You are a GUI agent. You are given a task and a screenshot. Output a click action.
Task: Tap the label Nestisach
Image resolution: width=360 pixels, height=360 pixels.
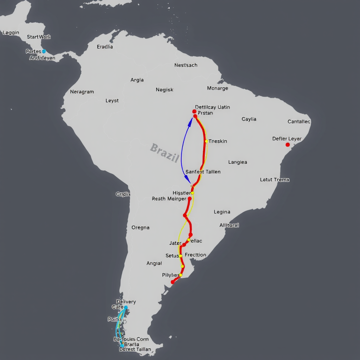pyautogui.click(x=186, y=65)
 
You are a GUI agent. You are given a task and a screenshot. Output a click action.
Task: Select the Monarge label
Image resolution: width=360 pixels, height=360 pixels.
pyautogui.click(x=217, y=88)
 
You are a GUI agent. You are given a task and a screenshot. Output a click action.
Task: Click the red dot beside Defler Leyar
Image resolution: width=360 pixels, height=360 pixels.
pyautogui.click(x=288, y=144)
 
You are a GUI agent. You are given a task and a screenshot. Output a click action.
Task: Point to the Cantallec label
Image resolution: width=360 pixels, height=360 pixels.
pyautogui.click(x=299, y=122)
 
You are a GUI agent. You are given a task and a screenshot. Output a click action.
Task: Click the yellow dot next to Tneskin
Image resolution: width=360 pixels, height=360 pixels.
pyautogui.click(x=206, y=141)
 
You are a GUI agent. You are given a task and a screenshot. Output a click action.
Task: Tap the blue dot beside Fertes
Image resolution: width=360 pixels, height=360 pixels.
pyautogui.click(x=44, y=51)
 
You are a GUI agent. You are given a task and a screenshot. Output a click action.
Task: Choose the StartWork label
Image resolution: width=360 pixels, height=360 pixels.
pyautogui.click(x=39, y=37)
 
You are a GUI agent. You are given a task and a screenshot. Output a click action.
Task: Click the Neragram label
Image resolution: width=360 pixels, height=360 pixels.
pyautogui.click(x=82, y=92)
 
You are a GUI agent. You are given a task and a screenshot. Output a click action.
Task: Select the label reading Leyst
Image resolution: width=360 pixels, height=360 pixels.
pyautogui.click(x=112, y=101)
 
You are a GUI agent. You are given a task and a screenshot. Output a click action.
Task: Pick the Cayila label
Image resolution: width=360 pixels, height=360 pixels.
pyautogui.click(x=249, y=119)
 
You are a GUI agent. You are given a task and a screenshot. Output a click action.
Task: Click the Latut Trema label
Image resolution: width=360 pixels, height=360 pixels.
pyautogui.click(x=275, y=180)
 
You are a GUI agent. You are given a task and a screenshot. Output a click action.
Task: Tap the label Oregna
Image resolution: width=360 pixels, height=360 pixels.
pyautogui.click(x=140, y=227)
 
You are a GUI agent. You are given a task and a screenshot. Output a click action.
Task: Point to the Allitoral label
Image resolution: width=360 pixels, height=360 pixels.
pyautogui.click(x=229, y=225)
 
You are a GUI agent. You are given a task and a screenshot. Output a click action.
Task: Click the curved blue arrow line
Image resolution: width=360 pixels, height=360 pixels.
pyautogui.click(x=182, y=151)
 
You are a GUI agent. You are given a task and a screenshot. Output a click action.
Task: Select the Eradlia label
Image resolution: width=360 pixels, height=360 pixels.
pyautogui.click(x=105, y=46)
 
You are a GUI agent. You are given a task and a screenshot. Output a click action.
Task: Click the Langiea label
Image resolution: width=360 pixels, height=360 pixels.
pyautogui.click(x=238, y=162)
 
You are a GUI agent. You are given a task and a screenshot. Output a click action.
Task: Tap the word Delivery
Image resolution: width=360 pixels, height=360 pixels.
pyautogui.click(x=126, y=302)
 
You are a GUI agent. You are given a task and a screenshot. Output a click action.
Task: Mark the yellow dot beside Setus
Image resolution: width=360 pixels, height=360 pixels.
pyautogui.click(x=180, y=256)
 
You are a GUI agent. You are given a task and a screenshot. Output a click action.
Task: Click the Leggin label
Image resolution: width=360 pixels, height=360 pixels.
pyautogui.click(x=11, y=33)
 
